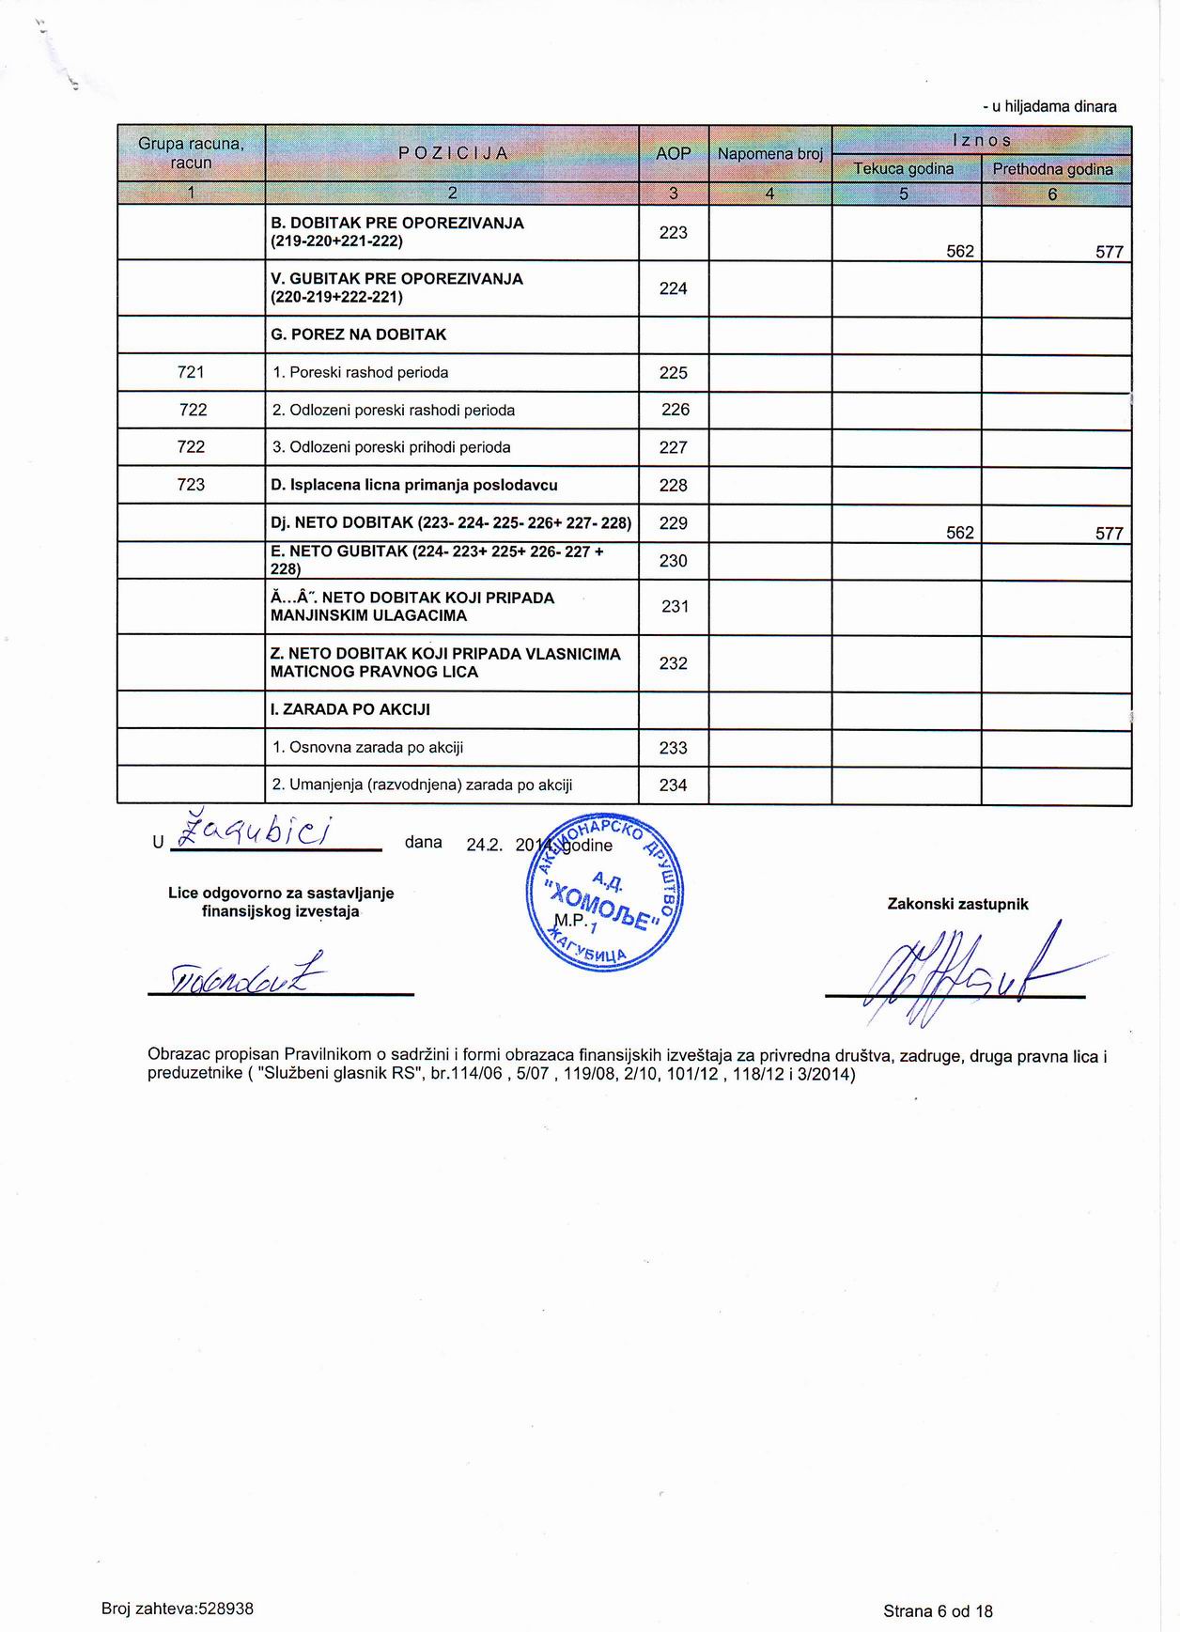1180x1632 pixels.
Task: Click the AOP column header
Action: pyautogui.click(x=673, y=153)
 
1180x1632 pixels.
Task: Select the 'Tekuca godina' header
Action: pyautogui.click(x=903, y=169)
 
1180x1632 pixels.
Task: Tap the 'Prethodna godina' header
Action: pyautogui.click(x=1052, y=169)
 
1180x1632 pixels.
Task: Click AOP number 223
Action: pyautogui.click(x=673, y=233)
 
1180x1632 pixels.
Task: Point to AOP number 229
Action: pyautogui.click(x=673, y=523)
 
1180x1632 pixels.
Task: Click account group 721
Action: pyautogui.click(x=191, y=372)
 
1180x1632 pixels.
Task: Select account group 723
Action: pyautogui.click(x=191, y=485)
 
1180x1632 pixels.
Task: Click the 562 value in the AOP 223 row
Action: pyautogui.click(x=959, y=252)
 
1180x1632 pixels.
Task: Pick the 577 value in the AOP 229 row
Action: pyautogui.click(x=1109, y=534)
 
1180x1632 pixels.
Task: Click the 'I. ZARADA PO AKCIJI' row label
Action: pyautogui.click(x=349, y=709)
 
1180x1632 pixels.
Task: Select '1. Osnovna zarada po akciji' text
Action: pyautogui.click(x=367, y=748)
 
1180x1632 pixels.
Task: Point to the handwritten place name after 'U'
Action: pyautogui.click(x=263, y=833)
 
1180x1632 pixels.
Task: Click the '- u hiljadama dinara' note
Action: pyautogui.click(x=1049, y=106)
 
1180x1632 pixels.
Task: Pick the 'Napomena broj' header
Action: pyautogui.click(x=769, y=153)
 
